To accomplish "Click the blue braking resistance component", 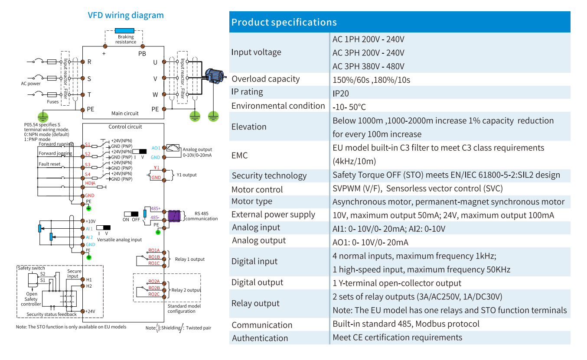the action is pyautogui.click(x=124, y=31).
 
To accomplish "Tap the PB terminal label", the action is pyautogui.click(x=142, y=54).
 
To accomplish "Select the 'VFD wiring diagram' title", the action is pyautogui.click(x=126, y=15).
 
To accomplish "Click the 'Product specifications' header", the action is pyautogui.click(x=284, y=22).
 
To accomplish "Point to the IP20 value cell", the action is pyautogui.click(x=341, y=94).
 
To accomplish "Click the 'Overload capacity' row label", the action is pyautogui.click(x=265, y=79).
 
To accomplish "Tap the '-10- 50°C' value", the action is pyautogui.click(x=349, y=107).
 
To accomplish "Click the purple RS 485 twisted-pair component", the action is pyautogui.click(x=174, y=216).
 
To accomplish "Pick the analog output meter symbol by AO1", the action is pyautogui.click(x=173, y=148).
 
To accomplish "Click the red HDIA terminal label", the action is pyautogui.click(x=90, y=183).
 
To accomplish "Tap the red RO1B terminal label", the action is pyautogui.click(x=154, y=257).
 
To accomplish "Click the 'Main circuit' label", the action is pyautogui.click(x=125, y=114).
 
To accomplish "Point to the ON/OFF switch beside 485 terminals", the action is pyautogui.click(x=131, y=214).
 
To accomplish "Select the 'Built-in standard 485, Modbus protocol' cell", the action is pyautogui.click(x=406, y=324).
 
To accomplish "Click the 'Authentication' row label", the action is pyautogui.click(x=260, y=338).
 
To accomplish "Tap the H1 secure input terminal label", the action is pyautogui.click(x=89, y=279).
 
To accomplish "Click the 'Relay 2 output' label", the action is pyautogui.click(x=186, y=290).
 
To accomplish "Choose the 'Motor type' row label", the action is pyautogui.click(x=252, y=201).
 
